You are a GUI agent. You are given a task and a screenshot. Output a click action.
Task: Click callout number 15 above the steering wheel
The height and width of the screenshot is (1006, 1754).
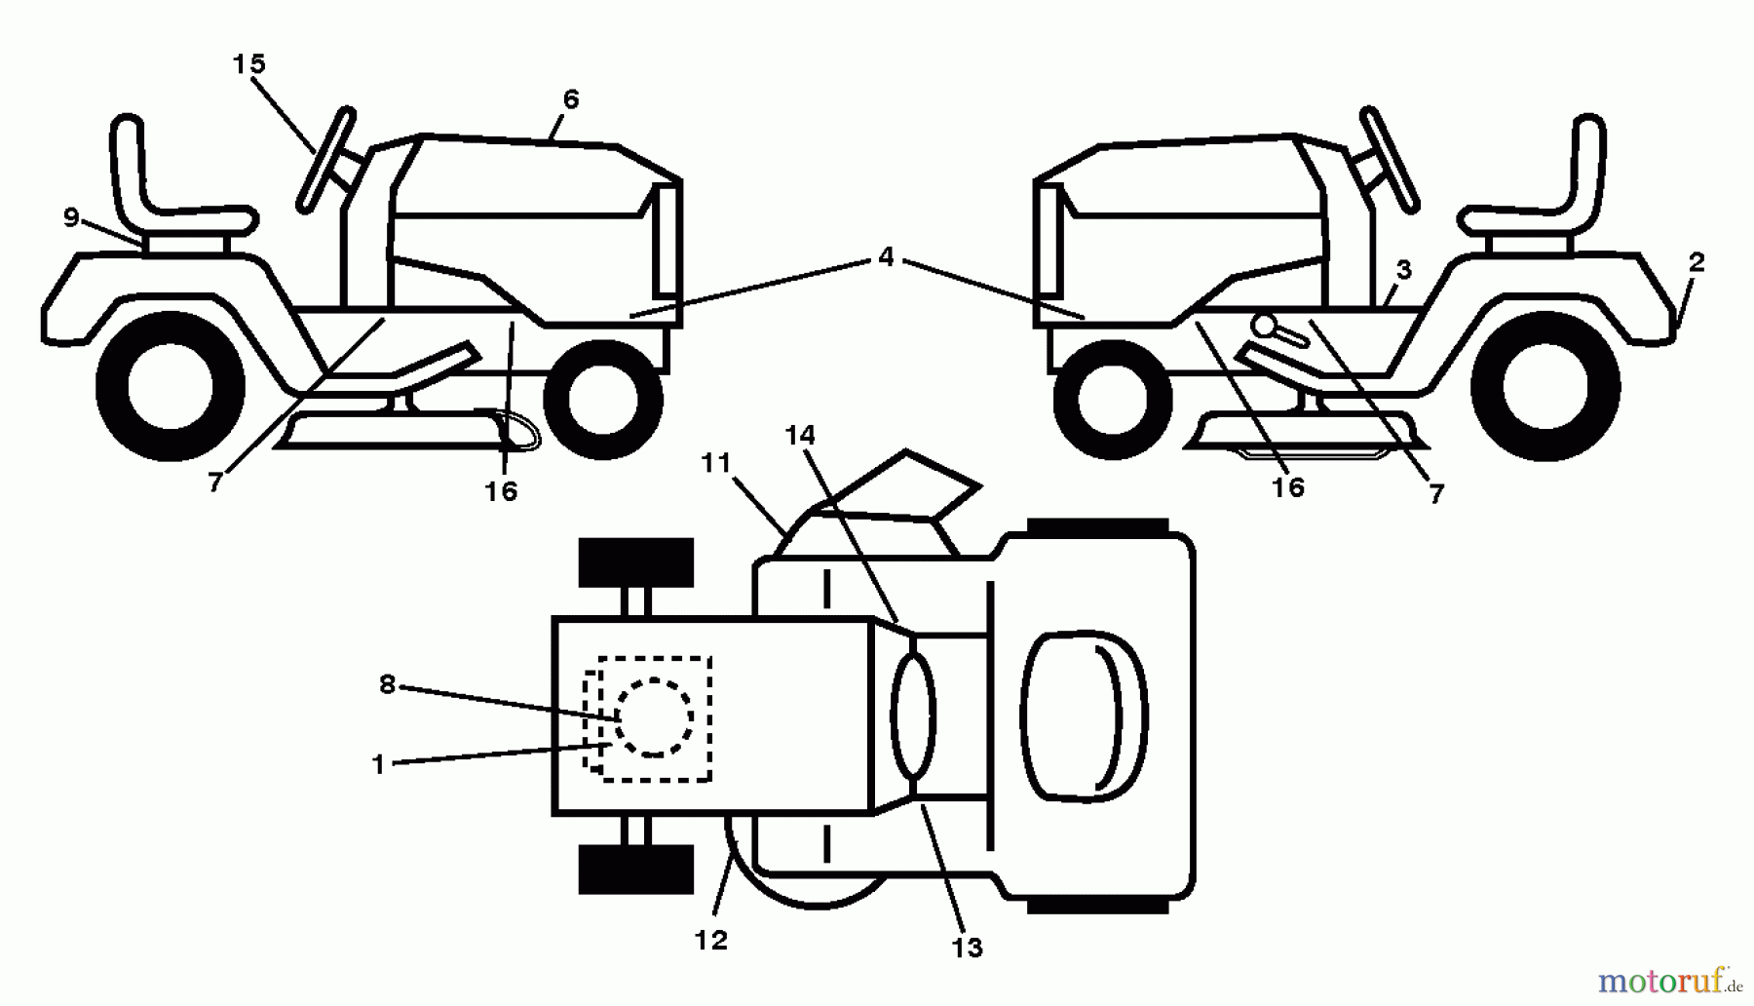point(248,64)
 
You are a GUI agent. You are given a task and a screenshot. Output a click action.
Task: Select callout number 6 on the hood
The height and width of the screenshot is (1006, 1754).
point(571,99)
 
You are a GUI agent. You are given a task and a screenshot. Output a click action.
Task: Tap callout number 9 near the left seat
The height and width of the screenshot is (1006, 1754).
point(71,217)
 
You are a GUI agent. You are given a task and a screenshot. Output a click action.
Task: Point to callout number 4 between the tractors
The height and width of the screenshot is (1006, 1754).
point(885,257)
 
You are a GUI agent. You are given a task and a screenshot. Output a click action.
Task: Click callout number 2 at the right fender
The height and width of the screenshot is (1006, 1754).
point(1697,261)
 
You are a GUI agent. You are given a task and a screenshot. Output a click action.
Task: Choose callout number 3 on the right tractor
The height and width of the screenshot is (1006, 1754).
point(1403,270)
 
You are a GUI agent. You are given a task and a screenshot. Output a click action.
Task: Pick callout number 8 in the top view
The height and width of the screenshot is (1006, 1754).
point(387,685)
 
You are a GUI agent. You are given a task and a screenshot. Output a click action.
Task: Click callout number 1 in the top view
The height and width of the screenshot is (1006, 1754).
point(379,765)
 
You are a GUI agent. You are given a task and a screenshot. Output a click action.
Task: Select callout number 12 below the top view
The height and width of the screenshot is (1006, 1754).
point(711,941)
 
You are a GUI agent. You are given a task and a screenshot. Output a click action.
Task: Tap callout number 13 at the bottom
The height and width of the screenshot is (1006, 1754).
point(968,948)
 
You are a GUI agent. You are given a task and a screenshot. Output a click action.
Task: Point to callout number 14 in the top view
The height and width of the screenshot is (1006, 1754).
point(800,435)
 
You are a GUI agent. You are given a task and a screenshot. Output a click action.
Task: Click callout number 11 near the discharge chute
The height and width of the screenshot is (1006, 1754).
point(716,463)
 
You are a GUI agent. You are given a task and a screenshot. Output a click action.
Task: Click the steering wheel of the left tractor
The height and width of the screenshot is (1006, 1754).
point(325,160)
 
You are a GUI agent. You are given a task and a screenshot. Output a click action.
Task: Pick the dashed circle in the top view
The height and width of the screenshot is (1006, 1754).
point(655,717)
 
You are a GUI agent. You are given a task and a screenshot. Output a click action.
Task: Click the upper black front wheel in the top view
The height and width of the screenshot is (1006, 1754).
point(635,562)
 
